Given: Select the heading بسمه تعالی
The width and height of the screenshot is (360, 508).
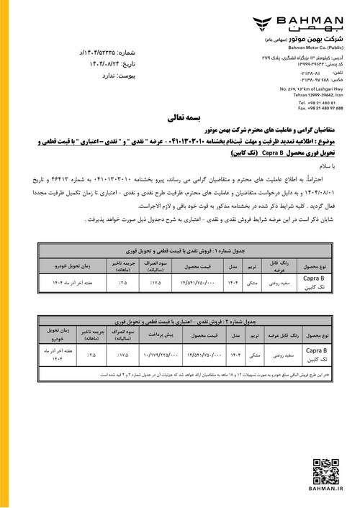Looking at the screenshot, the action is (179, 114).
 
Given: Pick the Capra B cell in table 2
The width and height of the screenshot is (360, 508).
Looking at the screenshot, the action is (318, 354).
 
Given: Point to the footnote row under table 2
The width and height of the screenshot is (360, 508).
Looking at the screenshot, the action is (179, 375).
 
